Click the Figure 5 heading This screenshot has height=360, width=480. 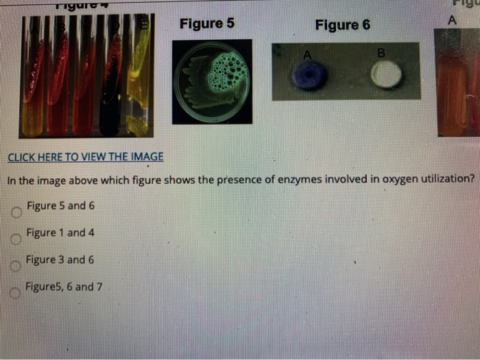(206, 23)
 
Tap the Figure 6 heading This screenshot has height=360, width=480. (342, 25)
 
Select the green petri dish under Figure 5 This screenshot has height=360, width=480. (212, 82)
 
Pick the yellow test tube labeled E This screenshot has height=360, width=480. (139, 75)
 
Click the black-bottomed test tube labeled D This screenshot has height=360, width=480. (110, 82)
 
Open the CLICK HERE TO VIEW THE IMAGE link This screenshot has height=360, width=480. (85, 156)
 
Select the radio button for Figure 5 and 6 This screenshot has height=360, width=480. (16, 212)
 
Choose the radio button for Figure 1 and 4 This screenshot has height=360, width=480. (16, 239)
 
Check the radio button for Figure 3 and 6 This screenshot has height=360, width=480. (16, 266)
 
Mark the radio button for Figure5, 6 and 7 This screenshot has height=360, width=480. (16, 293)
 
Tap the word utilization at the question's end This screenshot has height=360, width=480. (439, 180)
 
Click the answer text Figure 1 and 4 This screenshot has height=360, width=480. (60, 232)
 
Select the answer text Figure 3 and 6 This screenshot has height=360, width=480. (60, 260)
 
